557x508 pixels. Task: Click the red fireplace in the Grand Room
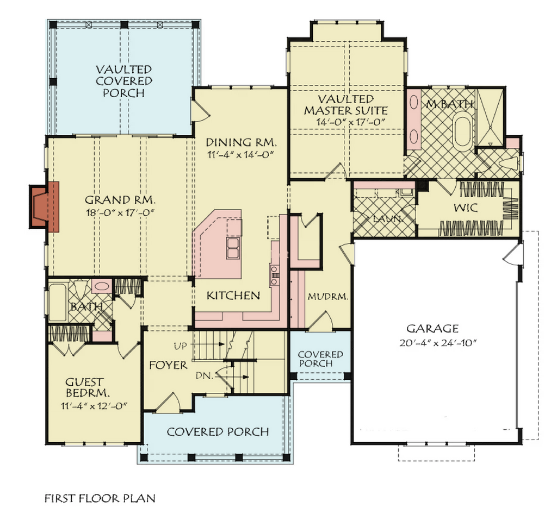(44, 207)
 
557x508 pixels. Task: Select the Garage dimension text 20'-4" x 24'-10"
(438, 343)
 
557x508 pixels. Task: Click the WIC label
(466, 208)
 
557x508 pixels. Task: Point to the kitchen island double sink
(233, 248)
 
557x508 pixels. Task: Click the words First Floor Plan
(100, 498)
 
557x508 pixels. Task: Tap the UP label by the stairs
(181, 346)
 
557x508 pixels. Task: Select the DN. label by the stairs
(205, 375)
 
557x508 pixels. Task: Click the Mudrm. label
(327, 297)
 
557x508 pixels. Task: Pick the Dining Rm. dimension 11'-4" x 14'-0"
(242, 155)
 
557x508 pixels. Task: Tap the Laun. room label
(387, 218)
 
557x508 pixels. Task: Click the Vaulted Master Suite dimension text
(351, 122)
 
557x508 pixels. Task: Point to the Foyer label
(168, 365)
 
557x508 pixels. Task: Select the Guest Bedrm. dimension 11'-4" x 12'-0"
(94, 406)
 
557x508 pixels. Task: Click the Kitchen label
(233, 296)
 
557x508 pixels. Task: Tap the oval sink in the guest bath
(102, 286)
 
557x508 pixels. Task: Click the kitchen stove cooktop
(274, 274)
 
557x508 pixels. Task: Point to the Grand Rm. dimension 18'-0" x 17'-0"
(121, 212)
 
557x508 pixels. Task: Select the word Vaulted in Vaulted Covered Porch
(124, 69)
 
